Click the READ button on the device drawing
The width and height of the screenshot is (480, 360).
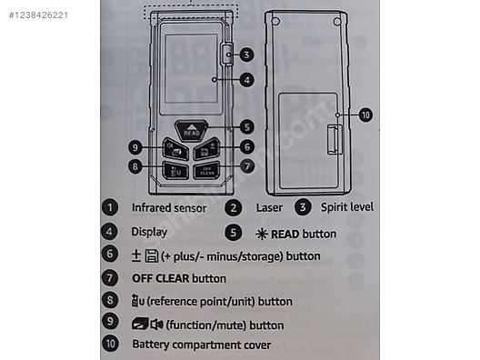click(190, 130)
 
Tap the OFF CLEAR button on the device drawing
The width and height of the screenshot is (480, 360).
click(207, 169)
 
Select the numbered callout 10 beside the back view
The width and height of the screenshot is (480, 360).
click(365, 115)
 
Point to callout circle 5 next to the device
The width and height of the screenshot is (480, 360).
click(247, 128)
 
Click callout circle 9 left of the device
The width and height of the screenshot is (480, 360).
click(133, 146)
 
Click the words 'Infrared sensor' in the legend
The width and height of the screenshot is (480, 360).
click(169, 207)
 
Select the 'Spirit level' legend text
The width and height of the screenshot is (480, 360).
click(348, 207)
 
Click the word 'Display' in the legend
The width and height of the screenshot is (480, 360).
click(149, 232)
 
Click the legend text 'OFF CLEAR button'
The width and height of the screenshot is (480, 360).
click(179, 278)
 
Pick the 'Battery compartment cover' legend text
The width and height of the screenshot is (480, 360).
click(201, 345)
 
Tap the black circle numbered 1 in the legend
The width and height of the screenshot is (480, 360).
click(109, 207)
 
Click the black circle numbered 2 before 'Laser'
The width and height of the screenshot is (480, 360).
click(235, 207)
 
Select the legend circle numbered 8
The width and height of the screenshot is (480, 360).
click(109, 301)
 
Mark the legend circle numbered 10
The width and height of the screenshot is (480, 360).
click(109, 345)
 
